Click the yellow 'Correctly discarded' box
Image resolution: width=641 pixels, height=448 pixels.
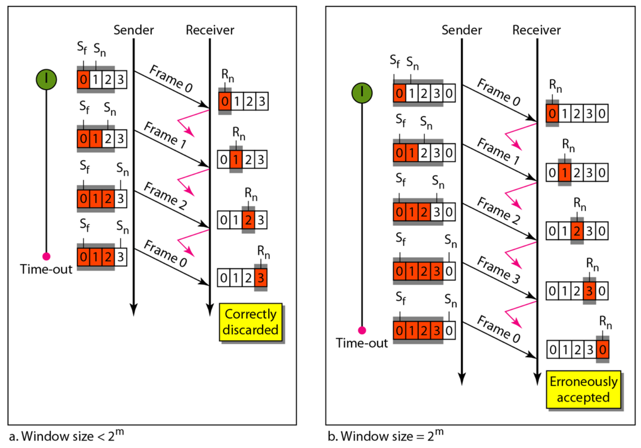click(251, 322)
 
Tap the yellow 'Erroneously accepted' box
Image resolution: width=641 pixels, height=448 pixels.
click(584, 389)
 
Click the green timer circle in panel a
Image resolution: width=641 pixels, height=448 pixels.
click(46, 79)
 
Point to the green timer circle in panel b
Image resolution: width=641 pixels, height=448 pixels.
click(362, 93)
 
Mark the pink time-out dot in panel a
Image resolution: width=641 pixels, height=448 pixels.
click(46, 256)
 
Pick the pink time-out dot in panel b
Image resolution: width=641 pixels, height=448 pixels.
click(362, 330)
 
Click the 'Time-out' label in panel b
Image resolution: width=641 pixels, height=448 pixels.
click(362, 343)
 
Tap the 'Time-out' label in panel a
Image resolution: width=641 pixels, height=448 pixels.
click(46, 269)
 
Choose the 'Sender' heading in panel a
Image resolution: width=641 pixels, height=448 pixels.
click(134, 30)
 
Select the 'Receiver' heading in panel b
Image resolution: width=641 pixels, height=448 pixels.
click(536, 30)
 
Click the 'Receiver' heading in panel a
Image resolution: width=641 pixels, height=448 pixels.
click(210, 30)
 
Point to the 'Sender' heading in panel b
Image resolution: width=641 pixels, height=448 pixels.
click(461, 30)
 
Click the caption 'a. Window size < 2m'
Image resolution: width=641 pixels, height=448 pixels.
click(66, 436)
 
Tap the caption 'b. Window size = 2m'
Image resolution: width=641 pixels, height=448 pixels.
click(386, 436)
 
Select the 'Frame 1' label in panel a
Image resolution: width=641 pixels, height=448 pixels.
click(165, 135)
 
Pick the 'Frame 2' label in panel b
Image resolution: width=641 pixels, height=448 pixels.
click(499, 210)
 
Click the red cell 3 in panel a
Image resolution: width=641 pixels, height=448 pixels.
click(261, 278)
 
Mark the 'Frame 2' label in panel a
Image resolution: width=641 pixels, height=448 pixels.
click(165, 195)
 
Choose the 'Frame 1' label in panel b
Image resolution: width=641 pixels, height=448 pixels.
click(499, 151)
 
